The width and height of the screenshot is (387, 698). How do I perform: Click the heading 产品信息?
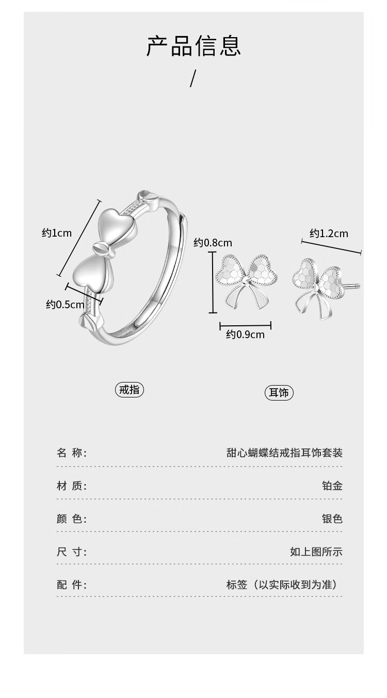click(193, 46)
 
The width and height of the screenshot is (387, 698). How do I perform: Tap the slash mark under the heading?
click(193, 78)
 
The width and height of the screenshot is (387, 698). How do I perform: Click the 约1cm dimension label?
click(57, 233)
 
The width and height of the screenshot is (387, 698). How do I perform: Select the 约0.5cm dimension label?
click(65, 305)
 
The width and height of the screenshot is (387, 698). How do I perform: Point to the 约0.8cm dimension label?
click(213, 242)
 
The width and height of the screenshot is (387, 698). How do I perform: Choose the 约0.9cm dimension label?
click(245, 335)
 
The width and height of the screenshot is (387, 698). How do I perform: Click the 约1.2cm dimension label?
click(329, 234)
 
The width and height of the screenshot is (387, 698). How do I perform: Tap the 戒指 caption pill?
click(129, 390)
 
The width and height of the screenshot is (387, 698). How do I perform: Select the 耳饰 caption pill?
click(279, 393)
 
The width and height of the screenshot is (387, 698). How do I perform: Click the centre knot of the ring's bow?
click(102, 249)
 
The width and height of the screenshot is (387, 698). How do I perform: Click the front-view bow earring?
click(245, 281)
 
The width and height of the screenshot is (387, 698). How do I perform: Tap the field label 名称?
click(72, 453)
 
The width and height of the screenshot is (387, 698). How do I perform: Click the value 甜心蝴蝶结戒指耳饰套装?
click(284, 453)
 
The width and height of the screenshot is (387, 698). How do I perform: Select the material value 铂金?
click(332, 486)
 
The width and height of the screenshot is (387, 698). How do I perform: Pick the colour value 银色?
click(332, 519)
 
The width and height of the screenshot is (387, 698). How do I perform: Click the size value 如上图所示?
click(316, 552)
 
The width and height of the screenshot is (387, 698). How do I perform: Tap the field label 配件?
click(72, 585)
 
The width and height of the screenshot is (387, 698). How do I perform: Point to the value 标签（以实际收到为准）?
click(284, 585)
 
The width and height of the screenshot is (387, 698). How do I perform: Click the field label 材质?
click(72, 486)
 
